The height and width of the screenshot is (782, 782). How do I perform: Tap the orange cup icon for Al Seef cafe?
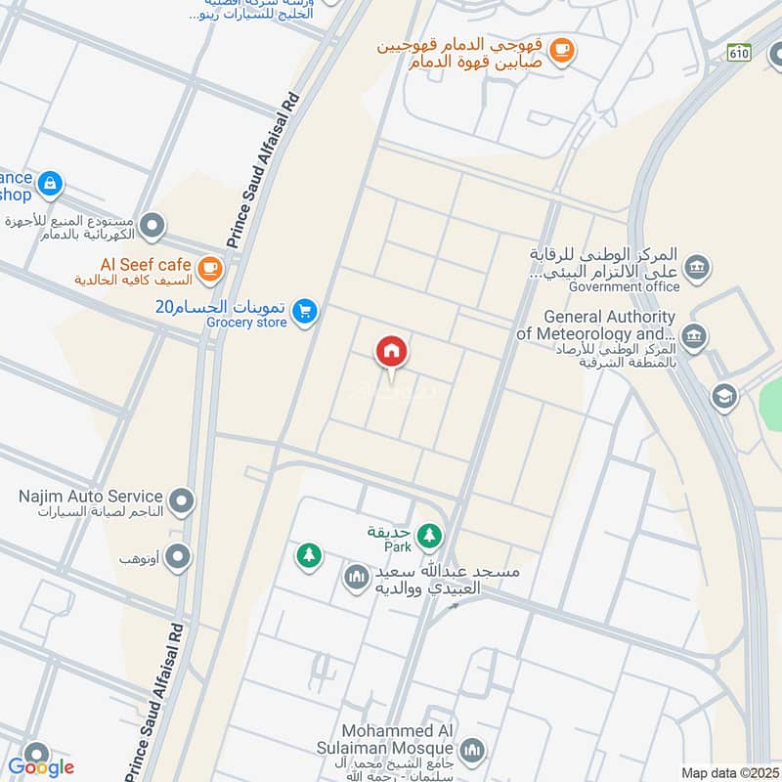pos(209,266)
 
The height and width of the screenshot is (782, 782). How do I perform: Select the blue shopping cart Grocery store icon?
pos(306,311)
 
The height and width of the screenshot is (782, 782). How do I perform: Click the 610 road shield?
pos(739,53)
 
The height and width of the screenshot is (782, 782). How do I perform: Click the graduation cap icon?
pos(724,396)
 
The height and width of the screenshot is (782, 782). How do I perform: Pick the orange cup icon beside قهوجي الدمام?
pos(560,49)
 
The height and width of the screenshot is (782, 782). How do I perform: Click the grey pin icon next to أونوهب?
pos(178,558)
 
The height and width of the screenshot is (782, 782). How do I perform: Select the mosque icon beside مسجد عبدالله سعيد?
pos(355,579)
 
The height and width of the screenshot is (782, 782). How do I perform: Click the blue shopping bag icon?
pos(49,183)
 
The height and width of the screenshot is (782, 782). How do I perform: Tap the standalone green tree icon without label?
pos(309,555)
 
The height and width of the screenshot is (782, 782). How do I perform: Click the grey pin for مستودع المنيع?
pos(152,228)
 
